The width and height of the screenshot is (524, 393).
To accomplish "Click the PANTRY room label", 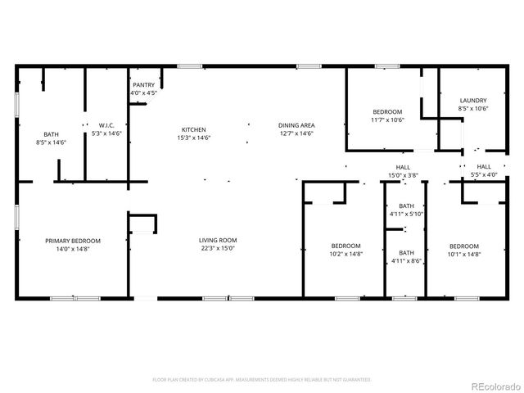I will (143, 85).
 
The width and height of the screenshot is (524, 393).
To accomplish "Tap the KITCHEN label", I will (193, 129).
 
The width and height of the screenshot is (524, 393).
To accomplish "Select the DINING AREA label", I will (296, 125).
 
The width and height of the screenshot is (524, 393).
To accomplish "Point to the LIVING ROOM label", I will (218, 240).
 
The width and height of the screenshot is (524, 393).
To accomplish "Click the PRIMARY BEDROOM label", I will (73, 240).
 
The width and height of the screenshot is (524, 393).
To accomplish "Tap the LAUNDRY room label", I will (473, 100).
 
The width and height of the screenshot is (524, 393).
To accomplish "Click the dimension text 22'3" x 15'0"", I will (218, 249).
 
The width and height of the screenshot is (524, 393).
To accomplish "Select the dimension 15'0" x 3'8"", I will (402, 175).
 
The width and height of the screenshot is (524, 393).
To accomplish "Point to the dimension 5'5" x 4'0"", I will (484, 175).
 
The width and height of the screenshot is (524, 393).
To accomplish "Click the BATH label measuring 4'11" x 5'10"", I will (406, 206).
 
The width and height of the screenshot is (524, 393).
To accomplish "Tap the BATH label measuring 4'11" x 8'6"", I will (406, 253).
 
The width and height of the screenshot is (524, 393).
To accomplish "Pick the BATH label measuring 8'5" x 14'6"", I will (51, 133).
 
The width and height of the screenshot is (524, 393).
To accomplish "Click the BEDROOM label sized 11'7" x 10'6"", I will (387, 111).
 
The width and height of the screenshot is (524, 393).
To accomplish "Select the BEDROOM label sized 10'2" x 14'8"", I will (346, 246).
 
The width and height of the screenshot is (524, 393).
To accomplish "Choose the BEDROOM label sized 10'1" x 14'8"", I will (464, 246).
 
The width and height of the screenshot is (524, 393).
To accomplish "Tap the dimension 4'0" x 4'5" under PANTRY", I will (143, 93).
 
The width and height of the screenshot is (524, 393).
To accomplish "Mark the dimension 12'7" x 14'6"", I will (296, 133).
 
